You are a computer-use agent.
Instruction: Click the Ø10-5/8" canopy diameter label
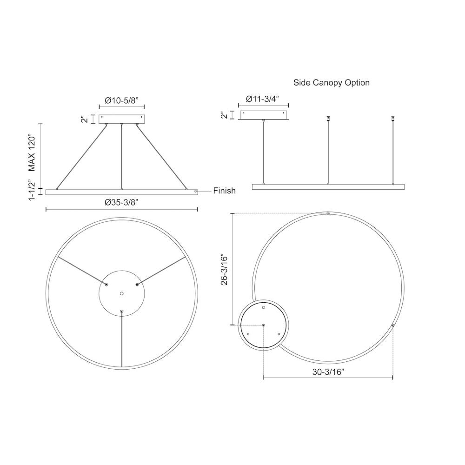pos(121,100)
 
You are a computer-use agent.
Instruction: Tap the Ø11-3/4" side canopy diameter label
pos(263,99)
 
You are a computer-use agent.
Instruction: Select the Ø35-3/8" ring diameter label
pos(121,202)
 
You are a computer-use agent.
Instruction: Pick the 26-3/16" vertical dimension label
pos(224,269)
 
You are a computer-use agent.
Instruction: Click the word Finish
pos(224,191)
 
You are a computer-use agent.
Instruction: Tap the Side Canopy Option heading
pos(331,82)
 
